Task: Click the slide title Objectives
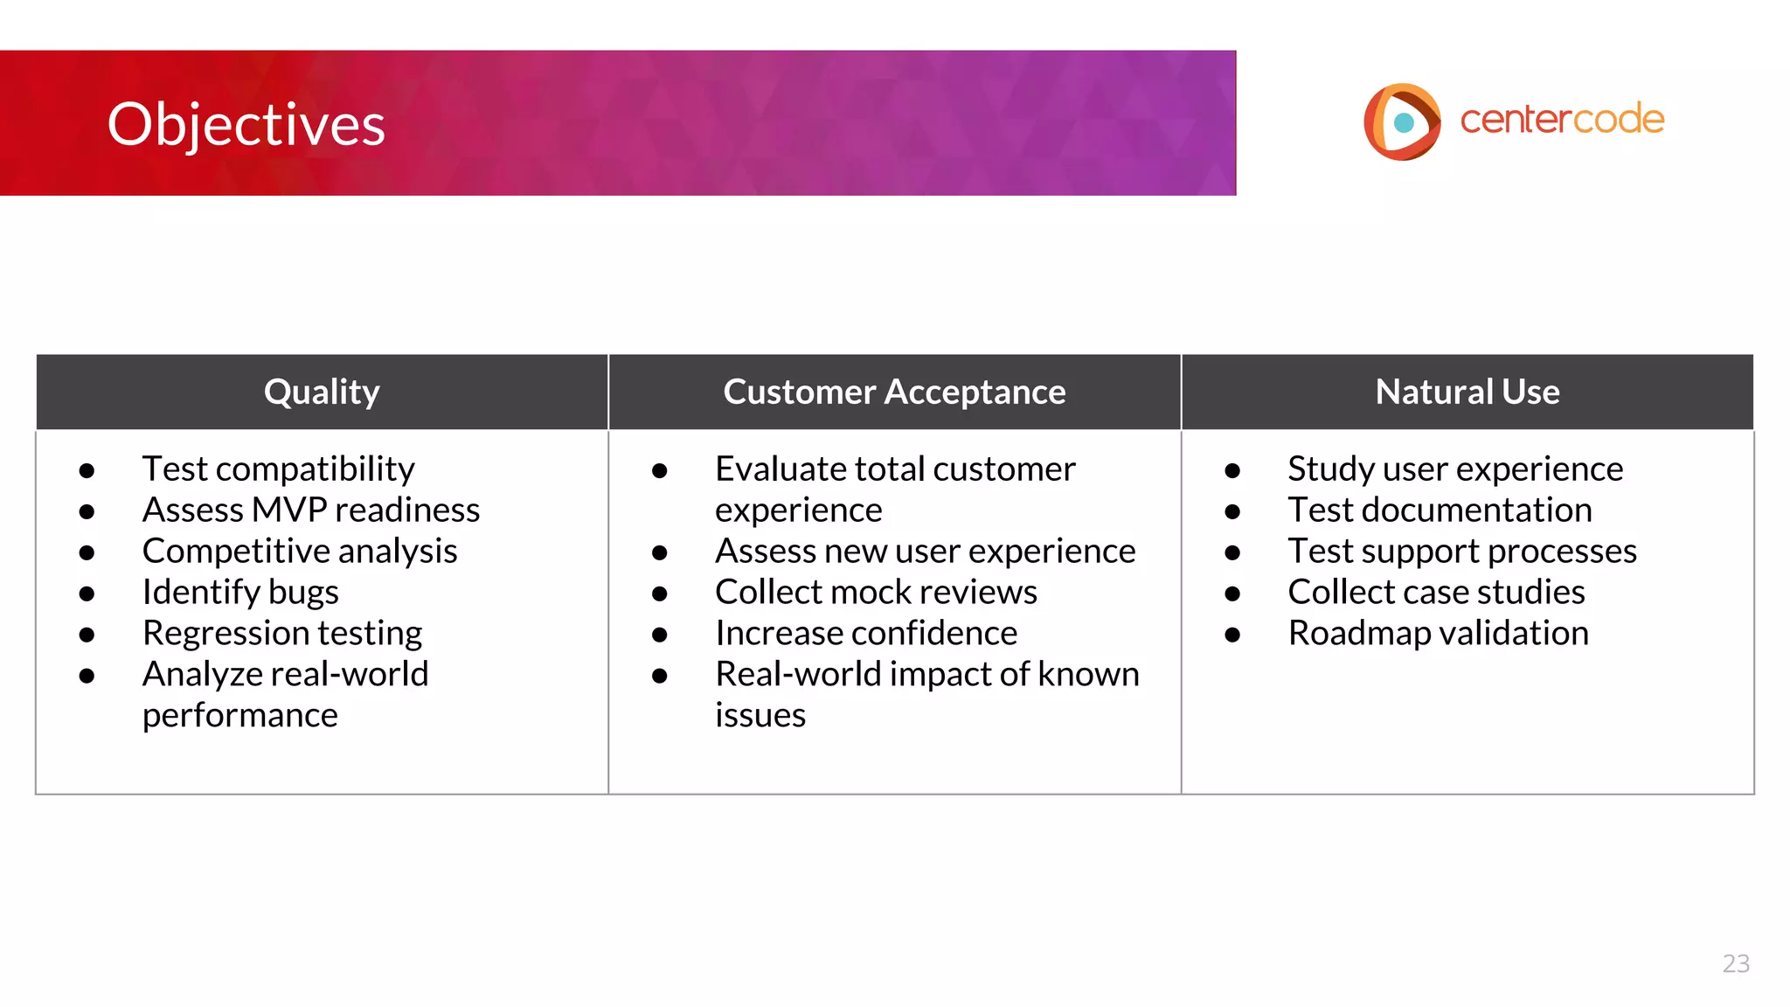point(246,124)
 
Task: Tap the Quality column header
point(322,392)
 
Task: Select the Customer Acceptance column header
point(894,392)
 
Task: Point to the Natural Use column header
point(1467,392)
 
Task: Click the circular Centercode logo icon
point(1401,122)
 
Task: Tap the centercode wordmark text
point(1562,120)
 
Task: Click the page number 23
point(1735,963)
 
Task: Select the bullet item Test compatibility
point(278,469)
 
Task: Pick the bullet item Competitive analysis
point(300,552)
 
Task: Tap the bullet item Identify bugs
point(240,593)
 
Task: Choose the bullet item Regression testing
point(282,634)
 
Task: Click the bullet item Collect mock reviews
point(876,593)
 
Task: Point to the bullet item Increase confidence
point(866,634)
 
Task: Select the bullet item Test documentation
point(1440,510)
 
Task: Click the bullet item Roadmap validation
point(1438,634)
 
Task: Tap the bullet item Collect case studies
point(1436,593)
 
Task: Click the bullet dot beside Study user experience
point(1232,471)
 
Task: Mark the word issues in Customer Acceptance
point(760,716)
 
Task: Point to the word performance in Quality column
point(240,716)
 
